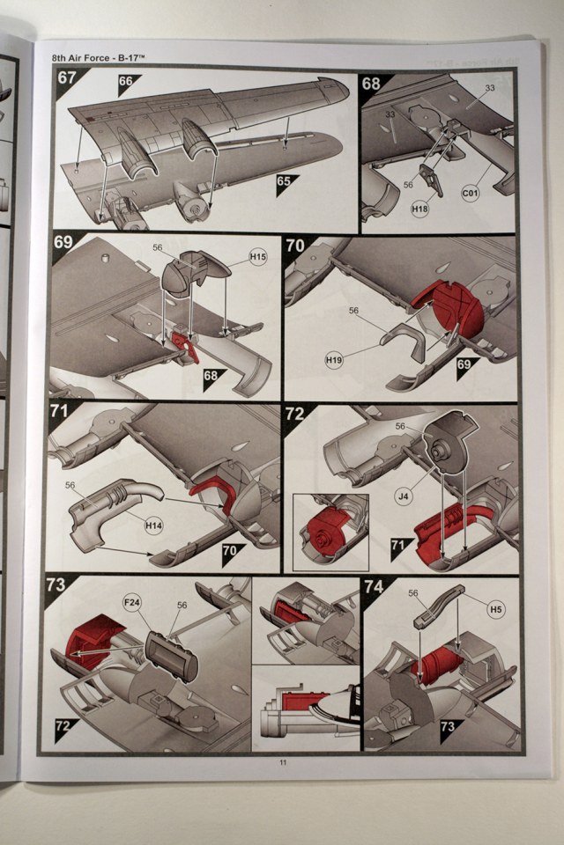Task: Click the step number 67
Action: (66, 77)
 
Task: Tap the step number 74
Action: (374, 586)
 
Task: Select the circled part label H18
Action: (419, 208)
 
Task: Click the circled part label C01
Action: (471, 192)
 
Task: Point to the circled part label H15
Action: (258, 257)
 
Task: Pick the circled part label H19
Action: (334, 360)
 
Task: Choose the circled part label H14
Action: (154, 525)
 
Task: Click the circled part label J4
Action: (403, 496)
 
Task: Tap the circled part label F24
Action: (132, 604)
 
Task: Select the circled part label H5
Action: (496, 609)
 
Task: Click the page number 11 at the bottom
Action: (283, 762)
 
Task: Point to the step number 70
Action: (294, 246)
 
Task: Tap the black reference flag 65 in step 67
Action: (284, 181)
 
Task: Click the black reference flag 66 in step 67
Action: (125, 81)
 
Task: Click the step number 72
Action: (294, 414)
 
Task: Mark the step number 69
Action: (63, 243)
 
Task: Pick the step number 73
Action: (56, 584)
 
